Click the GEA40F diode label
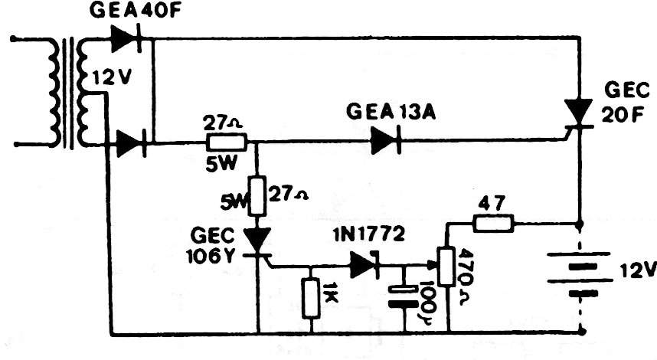coord(135,11)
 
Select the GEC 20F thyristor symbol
coord(577,113)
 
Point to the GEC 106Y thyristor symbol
coord(257,242)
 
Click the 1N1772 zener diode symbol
coord(364,264)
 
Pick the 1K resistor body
coord(311,299)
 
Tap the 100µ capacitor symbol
coord(404,296)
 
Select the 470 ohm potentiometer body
coord(446,267)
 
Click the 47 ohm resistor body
coord(493,224)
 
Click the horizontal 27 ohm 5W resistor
coord(226,142)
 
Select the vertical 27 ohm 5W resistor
coord(258,196)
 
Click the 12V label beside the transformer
coord(113,77)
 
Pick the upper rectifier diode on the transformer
coord(127,39)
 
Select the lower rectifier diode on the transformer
coord(131,143)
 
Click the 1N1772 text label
coord(369,235)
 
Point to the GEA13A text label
coord(391,113)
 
